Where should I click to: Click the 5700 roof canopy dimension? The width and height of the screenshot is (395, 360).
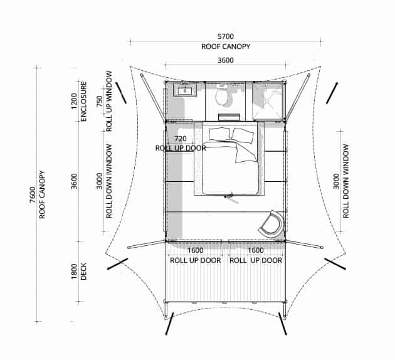[226, 36]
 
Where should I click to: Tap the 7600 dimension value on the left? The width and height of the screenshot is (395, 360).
[33, 194]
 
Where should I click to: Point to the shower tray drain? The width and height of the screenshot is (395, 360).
[266, 101]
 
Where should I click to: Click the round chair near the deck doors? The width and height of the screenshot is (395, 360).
[271, 223]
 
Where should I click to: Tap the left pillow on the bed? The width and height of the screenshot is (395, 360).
[219, 134]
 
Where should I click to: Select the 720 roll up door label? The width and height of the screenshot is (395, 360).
[181, 139]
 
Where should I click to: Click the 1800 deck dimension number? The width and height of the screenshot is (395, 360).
[74, 272]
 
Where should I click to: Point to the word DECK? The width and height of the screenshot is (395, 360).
[83, 272]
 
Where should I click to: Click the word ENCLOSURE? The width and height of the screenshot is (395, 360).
[83, 101]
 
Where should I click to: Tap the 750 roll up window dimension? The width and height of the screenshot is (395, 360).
[100, 101]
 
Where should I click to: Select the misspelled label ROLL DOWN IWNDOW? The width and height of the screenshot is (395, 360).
[109, 181]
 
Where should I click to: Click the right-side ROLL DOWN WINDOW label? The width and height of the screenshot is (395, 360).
[346, 181]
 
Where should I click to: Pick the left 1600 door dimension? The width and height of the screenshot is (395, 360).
[195, 250]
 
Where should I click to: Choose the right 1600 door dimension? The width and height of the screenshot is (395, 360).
[256, 250]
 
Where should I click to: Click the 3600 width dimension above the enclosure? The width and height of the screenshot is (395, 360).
[226, 60]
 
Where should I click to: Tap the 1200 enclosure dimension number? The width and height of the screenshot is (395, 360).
[74, 101]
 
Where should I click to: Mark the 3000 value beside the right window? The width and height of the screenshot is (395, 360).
[336, 181]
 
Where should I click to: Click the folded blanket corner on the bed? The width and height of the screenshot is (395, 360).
[246, 152]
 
